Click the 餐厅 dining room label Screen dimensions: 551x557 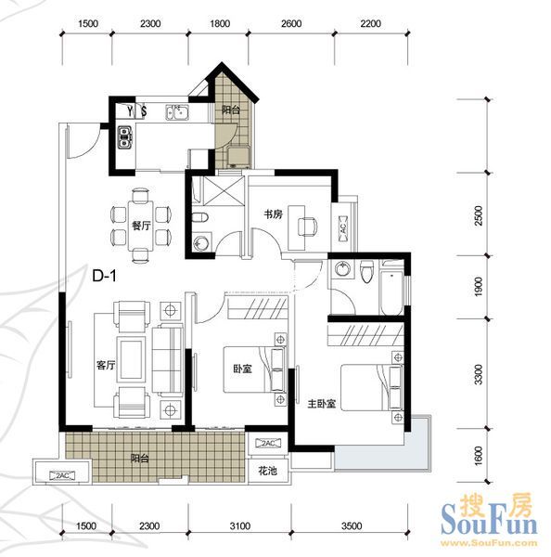point(141,226)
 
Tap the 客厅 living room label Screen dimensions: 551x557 point(106,365)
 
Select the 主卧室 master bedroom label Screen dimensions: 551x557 point(321,404)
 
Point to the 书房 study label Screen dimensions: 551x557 point(273,214)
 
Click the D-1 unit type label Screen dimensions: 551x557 point(104,276)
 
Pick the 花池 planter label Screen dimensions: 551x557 point(267,471)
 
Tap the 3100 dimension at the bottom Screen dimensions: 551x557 point(240,526)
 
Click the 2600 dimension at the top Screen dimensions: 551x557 point(291,24)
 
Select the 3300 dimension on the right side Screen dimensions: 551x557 point(479,374)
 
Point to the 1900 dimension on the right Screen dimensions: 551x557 point(479,287)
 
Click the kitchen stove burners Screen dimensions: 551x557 point(124,137)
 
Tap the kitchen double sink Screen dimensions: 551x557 point(177,112)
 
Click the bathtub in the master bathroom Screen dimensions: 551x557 point(391,289)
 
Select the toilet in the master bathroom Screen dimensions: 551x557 point(367,272)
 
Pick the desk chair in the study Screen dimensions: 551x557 point(307,227)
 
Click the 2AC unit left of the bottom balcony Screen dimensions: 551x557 point(62,475)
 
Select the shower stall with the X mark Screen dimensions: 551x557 point(223,191)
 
